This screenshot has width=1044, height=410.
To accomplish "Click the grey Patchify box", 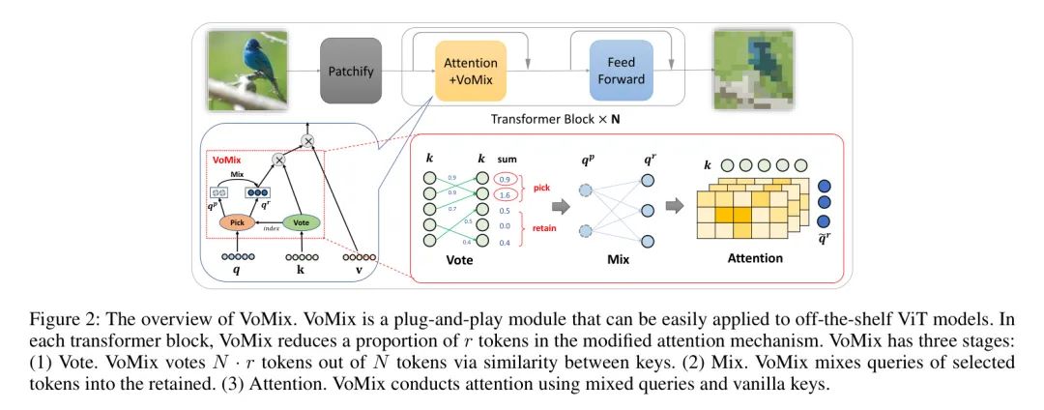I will coord(352,71).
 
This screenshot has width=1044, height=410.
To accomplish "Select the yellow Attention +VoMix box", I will coord(471,71).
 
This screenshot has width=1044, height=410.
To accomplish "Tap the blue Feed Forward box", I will coord(621,71).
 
